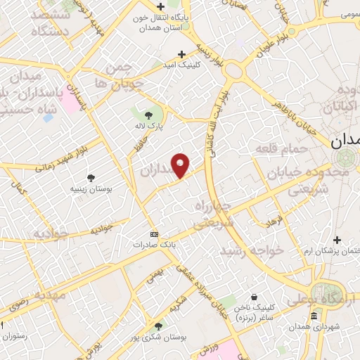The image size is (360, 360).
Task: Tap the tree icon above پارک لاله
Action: (x=148, y=115)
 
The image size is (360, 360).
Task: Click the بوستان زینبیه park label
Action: (x=91, y=189)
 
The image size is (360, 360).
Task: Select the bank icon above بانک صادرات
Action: (x=155, y=234)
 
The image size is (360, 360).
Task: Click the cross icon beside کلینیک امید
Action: (x=181, y=53)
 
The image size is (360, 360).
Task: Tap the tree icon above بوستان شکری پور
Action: (x=158, y=326)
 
